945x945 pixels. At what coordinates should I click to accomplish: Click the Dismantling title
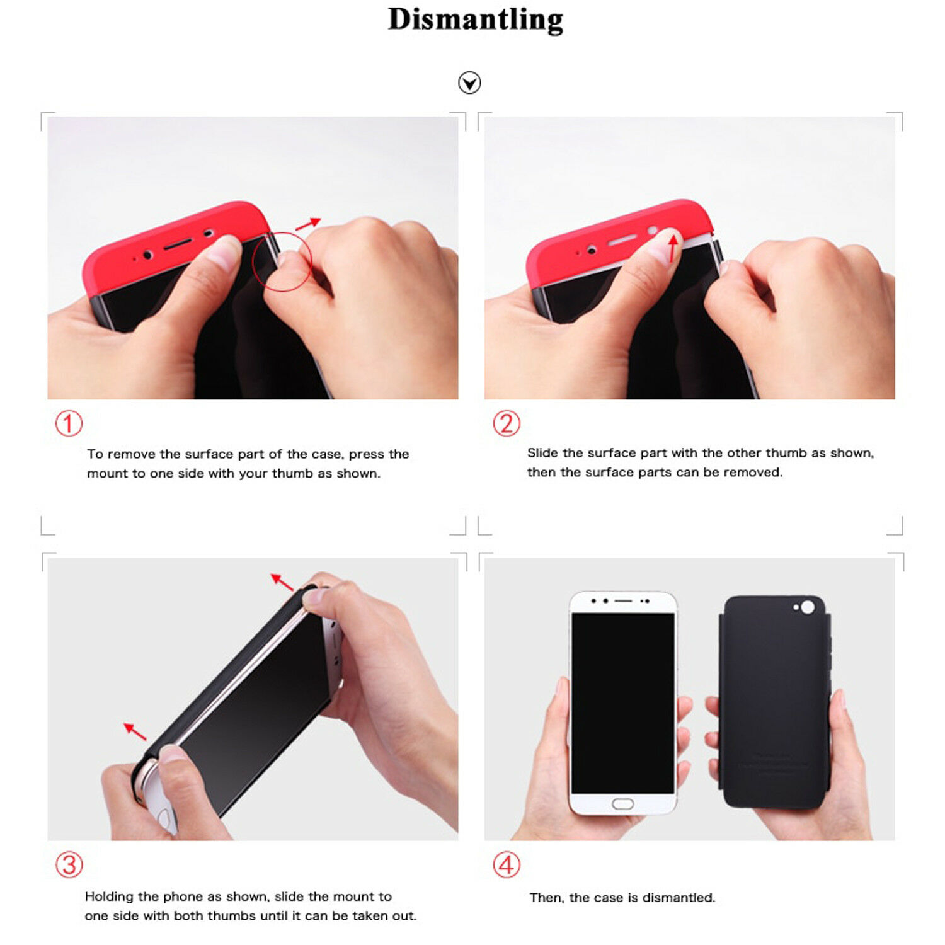click(476, 20)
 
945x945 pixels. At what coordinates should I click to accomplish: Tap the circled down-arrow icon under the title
click(469, 83)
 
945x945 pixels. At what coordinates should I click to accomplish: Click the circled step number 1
click(69, 423)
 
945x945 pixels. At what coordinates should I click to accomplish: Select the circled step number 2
click(507, 423)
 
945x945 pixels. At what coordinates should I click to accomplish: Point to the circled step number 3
click(69, 865)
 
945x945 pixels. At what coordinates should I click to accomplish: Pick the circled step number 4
click(507, 865)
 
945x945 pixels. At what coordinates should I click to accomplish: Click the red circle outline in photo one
click(252, 261)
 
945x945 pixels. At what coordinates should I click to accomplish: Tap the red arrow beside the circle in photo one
click(308, 224)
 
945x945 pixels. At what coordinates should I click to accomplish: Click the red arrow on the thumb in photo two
click(673, 249)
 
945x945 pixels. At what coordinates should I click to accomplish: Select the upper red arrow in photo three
click(282, 582)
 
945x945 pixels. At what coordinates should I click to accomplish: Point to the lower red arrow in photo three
click(135, 731)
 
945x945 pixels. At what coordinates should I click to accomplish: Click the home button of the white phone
click(622, 804)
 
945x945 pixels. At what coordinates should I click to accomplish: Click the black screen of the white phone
click(622, 702)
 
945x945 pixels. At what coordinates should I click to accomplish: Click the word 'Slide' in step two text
click(542, 453)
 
